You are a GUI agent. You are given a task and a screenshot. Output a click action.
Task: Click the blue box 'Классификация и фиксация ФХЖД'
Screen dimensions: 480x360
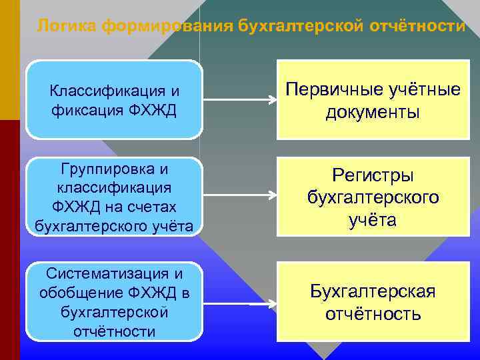point(114,99)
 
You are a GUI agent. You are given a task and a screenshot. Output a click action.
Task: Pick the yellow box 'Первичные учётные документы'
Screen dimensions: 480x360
point(373,100)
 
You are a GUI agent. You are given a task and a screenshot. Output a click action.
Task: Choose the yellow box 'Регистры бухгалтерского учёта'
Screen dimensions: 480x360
point(373,197)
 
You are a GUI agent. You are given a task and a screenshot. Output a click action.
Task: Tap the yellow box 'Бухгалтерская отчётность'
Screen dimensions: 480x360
point(373,302)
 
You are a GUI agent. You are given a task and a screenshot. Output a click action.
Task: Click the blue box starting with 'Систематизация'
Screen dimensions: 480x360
point(114,302)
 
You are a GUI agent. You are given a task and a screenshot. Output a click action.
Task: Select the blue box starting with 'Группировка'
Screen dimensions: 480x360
point(114,197)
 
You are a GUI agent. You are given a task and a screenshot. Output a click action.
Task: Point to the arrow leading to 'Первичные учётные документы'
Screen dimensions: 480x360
point(239,101)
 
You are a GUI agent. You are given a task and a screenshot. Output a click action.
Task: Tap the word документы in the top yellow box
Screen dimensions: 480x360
point(373,112)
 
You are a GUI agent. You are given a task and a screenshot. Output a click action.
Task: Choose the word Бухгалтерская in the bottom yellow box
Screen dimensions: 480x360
point(373,291)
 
